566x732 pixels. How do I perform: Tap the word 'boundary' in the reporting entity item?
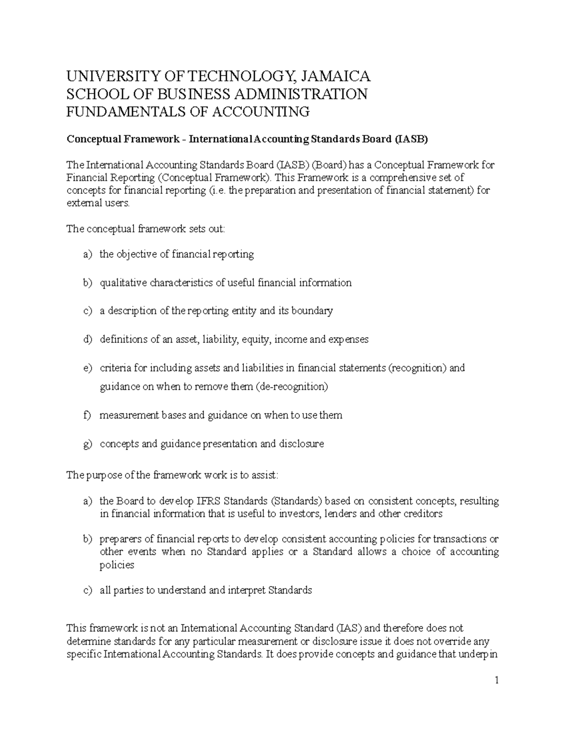click(312, 311)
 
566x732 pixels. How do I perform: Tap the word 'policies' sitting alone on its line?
click(117, 565)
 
